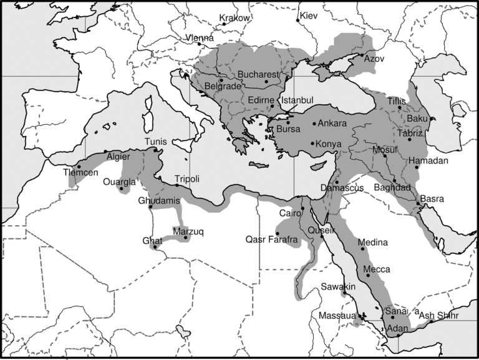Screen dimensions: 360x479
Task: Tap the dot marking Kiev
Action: pos(298,20)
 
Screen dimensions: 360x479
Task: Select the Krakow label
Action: pos(235,18)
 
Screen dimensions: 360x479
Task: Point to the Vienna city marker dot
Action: pos(199,44)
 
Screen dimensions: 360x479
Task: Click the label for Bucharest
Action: pos(257,75)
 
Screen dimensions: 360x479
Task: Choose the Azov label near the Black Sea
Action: pos(374,58)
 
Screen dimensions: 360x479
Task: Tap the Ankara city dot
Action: pos(314,124)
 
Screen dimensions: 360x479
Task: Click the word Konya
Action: pos(329,144)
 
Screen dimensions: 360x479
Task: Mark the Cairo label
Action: pos(290,214)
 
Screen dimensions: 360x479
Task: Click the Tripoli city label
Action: pos(187,179)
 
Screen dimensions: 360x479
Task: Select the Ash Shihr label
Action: pos(438,316)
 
